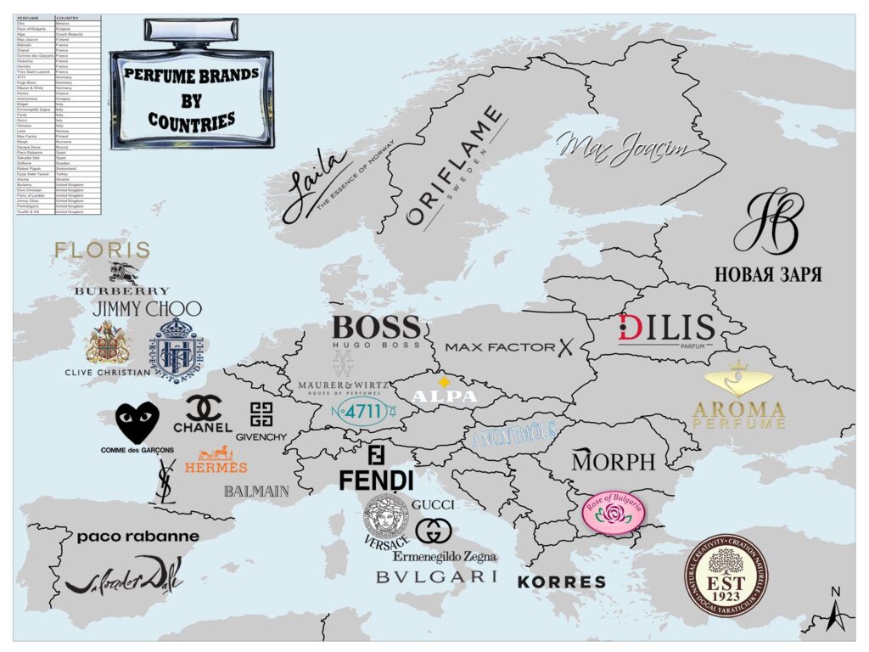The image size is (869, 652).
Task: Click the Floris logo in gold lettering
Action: click(101, 250)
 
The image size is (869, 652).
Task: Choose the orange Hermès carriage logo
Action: click(216, 459)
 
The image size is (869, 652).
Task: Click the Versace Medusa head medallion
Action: click(386, 516)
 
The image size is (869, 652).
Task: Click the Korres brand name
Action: click(562, 582)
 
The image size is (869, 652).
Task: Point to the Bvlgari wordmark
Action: click(436, 576)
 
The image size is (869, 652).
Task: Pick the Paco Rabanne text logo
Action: click(137, 537)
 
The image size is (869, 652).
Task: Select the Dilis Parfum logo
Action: click(666, 329)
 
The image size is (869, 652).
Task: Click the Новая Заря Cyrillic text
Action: click(768, 275)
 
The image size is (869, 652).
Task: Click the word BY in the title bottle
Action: click(192, 100)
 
